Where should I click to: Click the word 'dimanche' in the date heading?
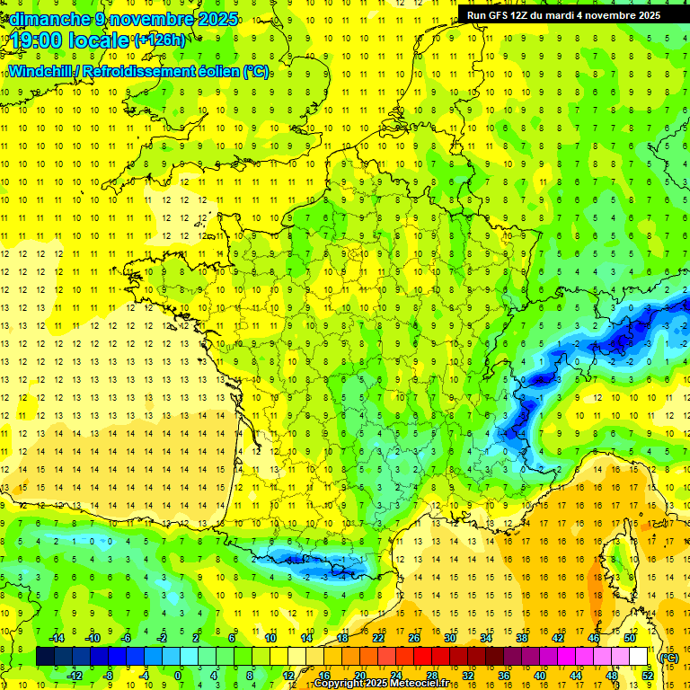coord(49,18)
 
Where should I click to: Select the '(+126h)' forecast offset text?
coord(160,40)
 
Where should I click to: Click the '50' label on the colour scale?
coord(630,637)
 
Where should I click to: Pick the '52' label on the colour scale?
coord(647,675)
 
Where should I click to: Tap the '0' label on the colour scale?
coord(178,675)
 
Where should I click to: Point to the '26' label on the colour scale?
coord(414,637)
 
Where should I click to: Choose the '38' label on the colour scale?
coord(522,637)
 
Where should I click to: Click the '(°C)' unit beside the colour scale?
coord(668,657)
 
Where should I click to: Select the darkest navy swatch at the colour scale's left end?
coord(45,656)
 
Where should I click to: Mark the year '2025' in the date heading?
coord(217,18)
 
